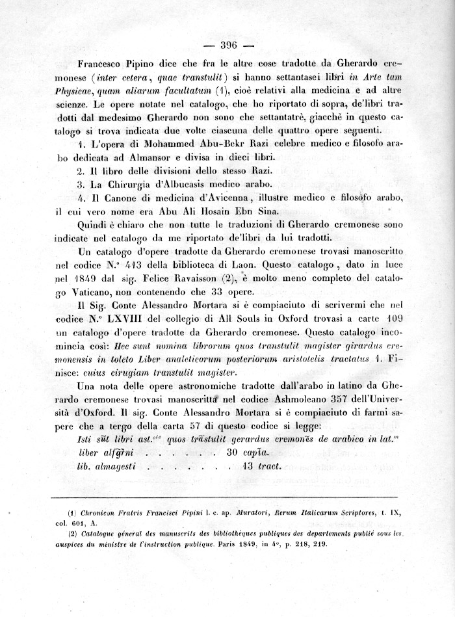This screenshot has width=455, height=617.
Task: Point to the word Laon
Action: tap(249, 265)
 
